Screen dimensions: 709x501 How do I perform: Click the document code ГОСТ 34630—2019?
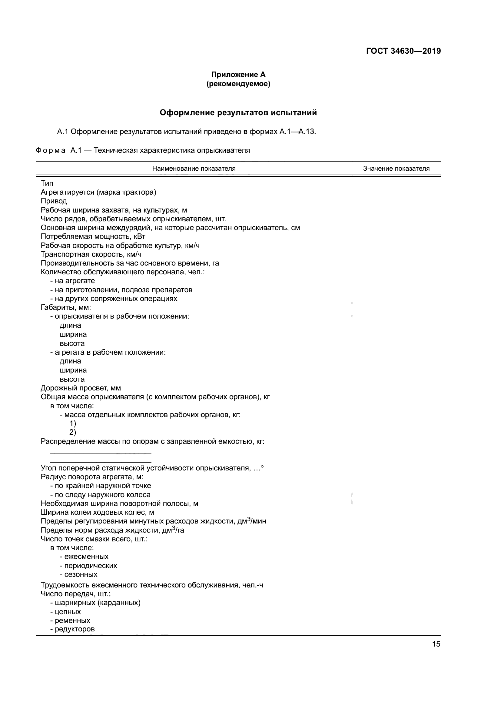[x=403, y=51]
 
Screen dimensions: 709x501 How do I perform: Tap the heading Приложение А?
[x=238, y=75]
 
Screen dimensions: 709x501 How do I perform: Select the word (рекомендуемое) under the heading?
[x=238, y=84]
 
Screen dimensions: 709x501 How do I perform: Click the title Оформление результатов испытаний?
[x=238, y=113]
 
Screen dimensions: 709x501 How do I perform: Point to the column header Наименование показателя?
[x=194, y=169]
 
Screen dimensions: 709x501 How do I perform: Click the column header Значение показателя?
[x=396, y=169]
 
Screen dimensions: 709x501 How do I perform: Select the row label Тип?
[x=47, y=183]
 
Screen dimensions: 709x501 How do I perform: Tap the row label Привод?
[x=54, y=201]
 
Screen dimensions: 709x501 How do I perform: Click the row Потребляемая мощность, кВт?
[x=93, y=236]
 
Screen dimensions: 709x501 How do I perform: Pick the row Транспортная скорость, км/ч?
[x=91, y=254]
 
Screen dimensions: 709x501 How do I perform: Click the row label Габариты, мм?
[x=66, y=308]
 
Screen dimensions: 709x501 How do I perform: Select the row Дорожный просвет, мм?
[x=81, y=388]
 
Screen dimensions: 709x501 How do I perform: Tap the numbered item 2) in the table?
[x=72, y=432]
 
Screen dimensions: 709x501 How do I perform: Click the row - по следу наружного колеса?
[x=100, y=495]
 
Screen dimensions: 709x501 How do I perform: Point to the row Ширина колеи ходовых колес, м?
[x=97, y=513]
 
